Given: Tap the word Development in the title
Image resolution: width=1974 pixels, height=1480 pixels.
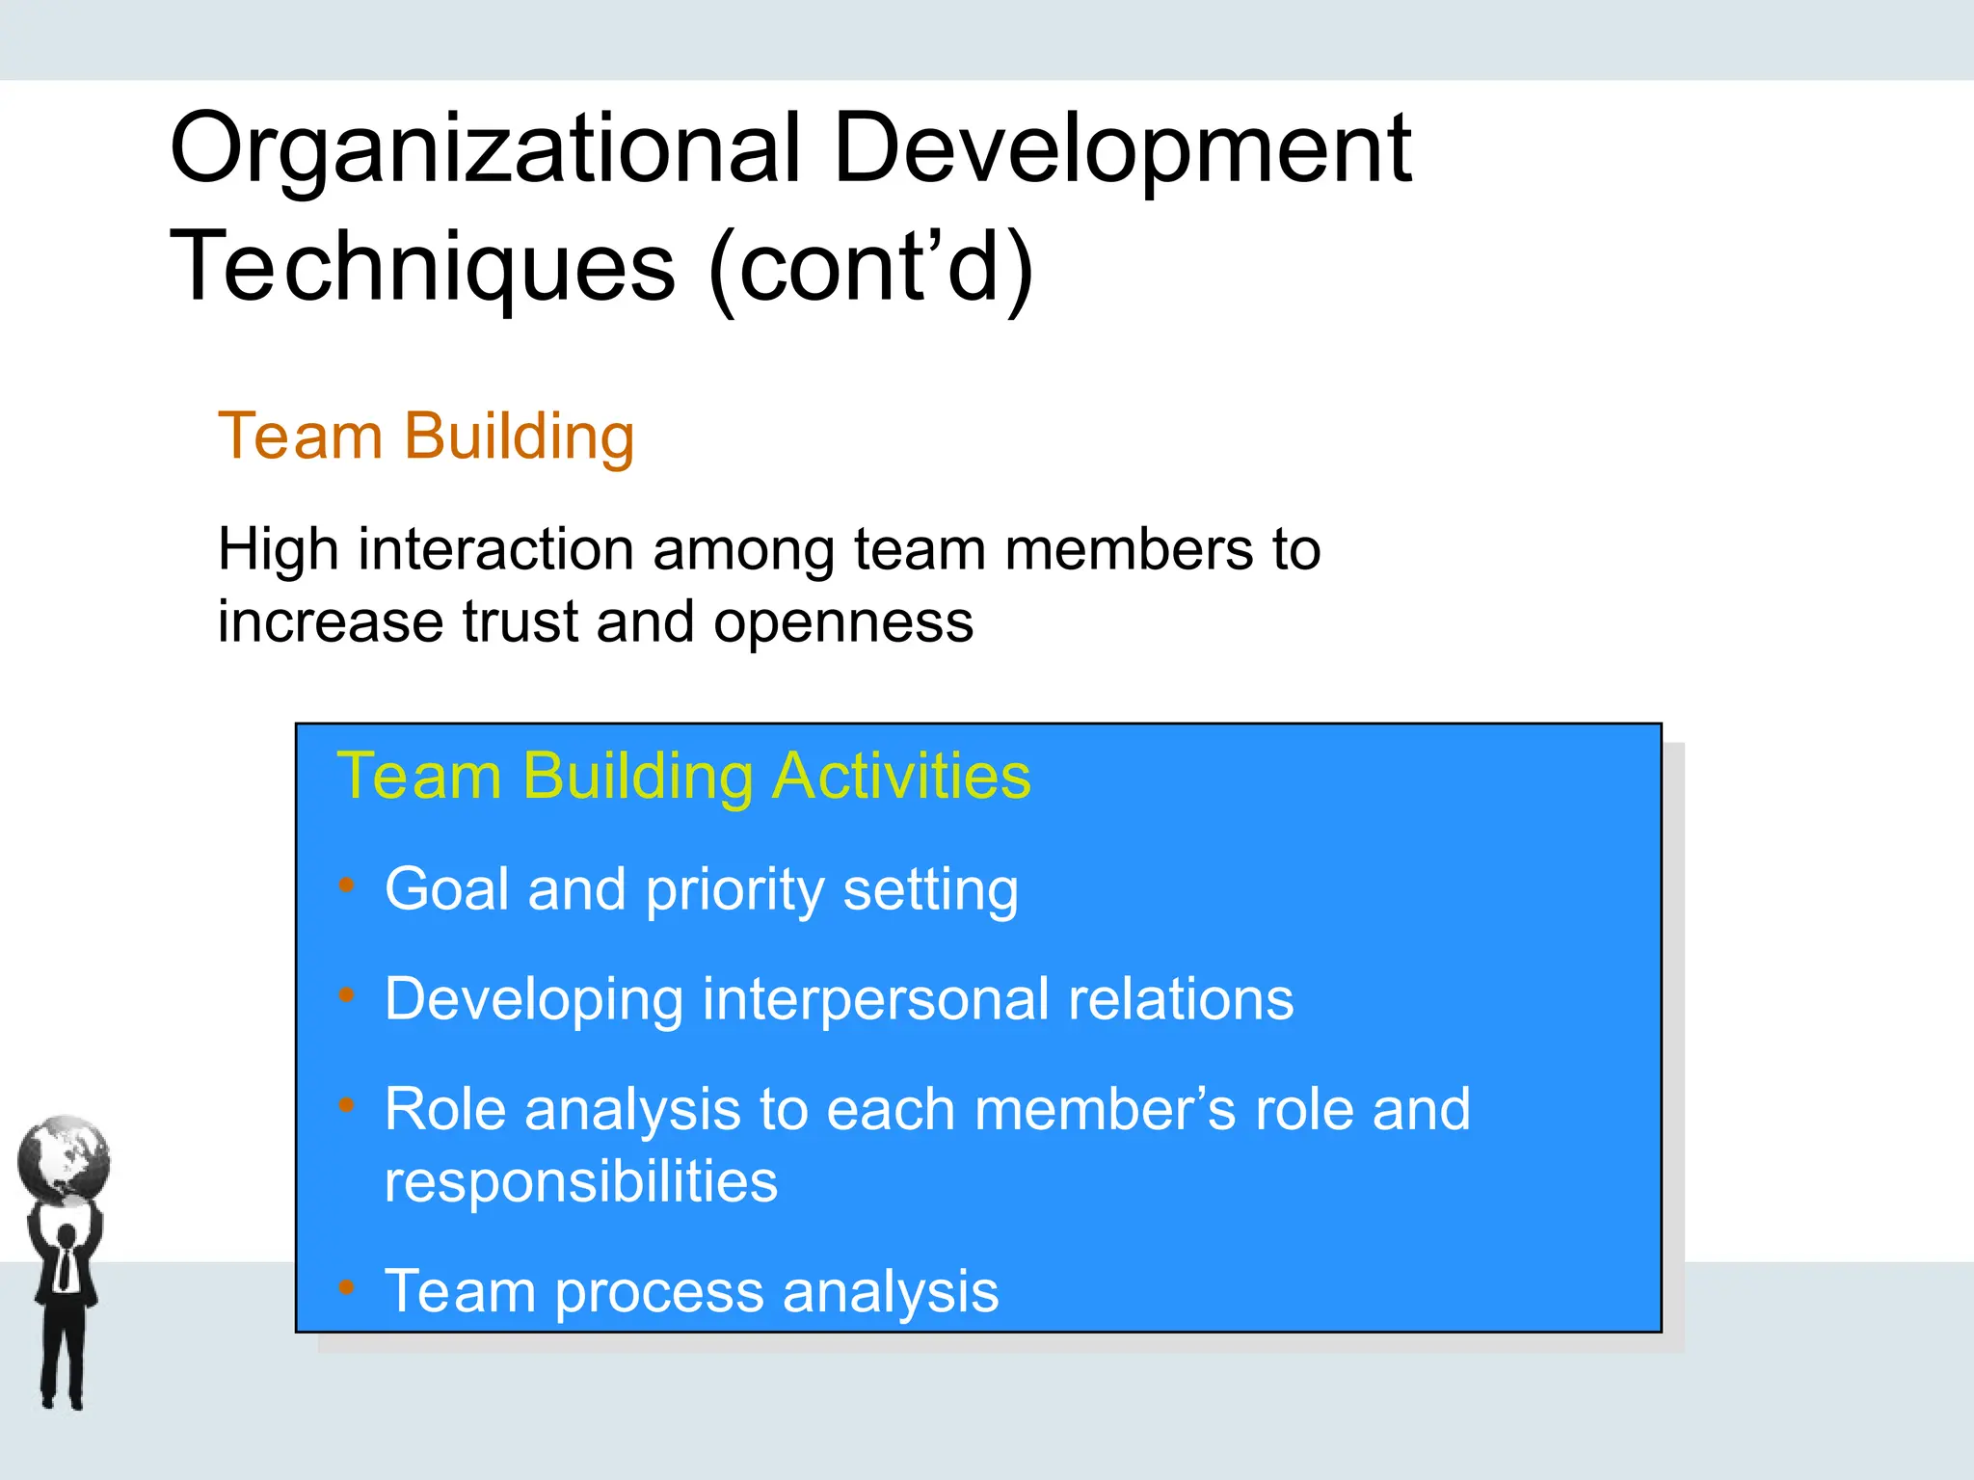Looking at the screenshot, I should (x=1122, y=150).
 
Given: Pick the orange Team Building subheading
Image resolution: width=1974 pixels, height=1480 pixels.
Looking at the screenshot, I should (x=426, y=436).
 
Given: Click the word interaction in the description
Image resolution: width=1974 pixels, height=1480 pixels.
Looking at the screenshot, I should (x=495, y=550).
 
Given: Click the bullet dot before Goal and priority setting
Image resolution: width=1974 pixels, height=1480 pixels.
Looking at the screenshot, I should (x=347, y=885).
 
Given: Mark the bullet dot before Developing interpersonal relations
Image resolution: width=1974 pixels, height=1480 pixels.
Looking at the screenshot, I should (x=347, y=994).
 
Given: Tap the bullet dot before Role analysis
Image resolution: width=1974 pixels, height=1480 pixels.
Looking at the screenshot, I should (x=347, y=1105).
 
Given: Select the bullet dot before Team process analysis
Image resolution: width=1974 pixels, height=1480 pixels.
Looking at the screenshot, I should (x=347, y=1286).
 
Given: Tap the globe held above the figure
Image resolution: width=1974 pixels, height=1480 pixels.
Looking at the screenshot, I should (x=64, y=1159).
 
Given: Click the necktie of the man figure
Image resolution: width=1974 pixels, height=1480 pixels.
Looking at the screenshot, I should (x=65, y=1266).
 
